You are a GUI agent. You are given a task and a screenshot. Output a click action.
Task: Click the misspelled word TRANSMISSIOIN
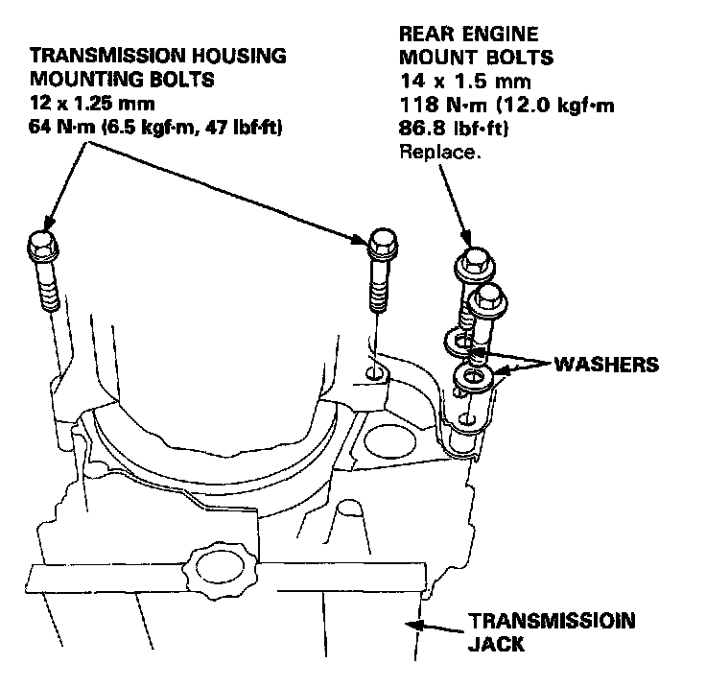click(551, 621)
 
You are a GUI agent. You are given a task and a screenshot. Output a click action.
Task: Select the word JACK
click(496, 644)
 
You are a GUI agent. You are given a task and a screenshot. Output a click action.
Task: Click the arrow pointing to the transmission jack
click(435, 627)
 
